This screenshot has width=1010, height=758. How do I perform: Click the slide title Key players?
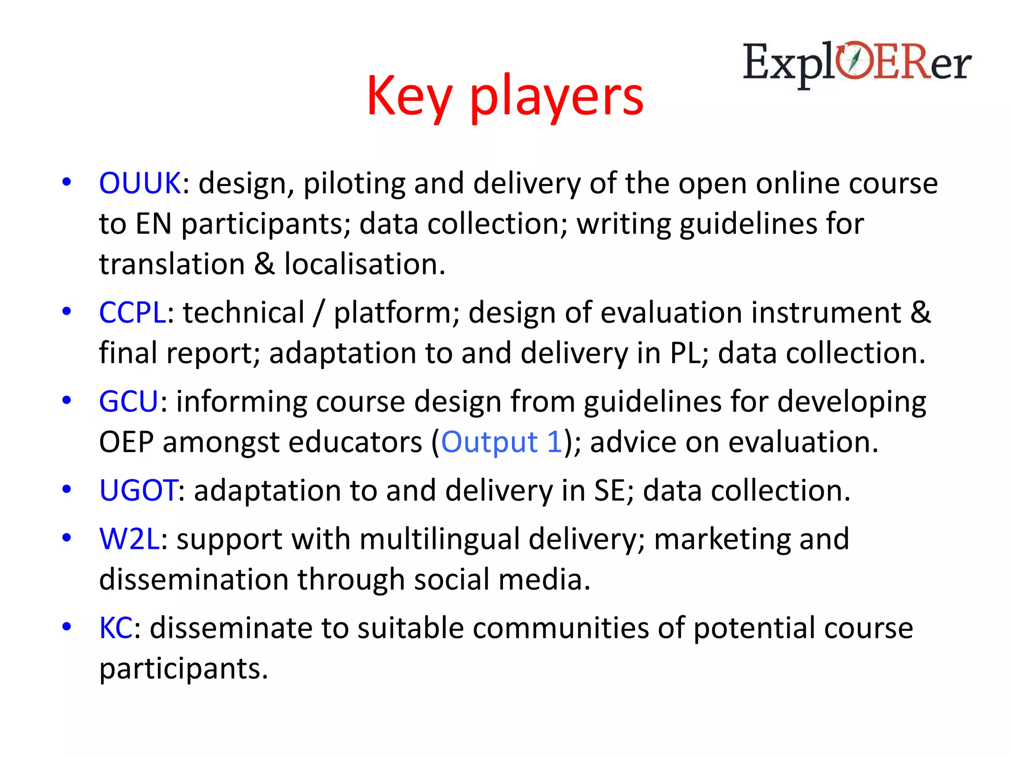click(x=505, y=96)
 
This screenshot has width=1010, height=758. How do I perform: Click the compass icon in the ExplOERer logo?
click(x=856, y=60)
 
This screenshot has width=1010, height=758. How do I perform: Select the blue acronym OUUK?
click(x=140, y=183)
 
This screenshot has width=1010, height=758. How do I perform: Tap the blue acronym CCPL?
click(x=132, y=312)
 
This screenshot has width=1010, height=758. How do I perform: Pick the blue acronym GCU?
click(x=128, y=401)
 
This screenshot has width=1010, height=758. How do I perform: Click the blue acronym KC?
click(x=115, y=628)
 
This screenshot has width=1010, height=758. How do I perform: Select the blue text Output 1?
click(x=501, y=442)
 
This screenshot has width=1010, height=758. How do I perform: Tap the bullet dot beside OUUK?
click(x=67, y=182)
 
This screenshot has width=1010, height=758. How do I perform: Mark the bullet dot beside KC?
click(x=67, y=627)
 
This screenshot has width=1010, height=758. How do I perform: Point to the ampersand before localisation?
click(x=264, y=264)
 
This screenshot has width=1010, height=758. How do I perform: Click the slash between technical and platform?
click(x=319, y=313)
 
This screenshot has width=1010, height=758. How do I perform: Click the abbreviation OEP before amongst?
click(x=126, y=442)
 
